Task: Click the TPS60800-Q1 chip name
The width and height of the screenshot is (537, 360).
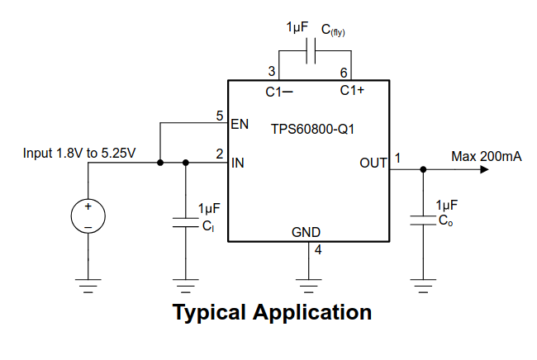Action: coord(312,129)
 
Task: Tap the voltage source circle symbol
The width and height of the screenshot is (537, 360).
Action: coord(88,216)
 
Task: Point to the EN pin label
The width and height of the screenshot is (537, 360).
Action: coord(240,125)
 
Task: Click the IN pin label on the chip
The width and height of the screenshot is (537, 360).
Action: coord(238,163)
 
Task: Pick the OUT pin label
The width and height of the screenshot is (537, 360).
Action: coord(373,163)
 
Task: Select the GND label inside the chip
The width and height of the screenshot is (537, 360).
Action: coord(307,232)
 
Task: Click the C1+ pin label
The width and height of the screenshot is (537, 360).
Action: coord(353,91)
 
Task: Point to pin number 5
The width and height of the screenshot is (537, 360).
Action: coord(220,116)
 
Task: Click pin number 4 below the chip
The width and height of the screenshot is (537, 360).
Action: coord(318,250)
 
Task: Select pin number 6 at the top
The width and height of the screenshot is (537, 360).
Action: coord(344,73)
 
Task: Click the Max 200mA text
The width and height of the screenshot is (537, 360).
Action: coord(486,156)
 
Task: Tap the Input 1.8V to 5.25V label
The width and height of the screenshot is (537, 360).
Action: coord(79,153)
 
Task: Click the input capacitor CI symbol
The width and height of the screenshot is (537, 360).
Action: coord(185,221)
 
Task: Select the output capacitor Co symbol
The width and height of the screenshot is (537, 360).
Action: coord(423,220)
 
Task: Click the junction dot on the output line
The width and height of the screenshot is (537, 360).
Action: coord(423,170)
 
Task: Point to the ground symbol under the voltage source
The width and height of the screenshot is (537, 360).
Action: coord(88,285)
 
